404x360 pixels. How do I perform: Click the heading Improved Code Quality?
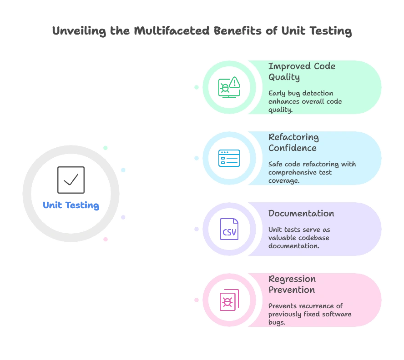tap(302, 71)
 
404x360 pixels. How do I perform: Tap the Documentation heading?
tap(301, 213)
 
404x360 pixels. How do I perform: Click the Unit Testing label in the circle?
tap(71, 205)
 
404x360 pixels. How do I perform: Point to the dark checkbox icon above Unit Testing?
tap(71, 180)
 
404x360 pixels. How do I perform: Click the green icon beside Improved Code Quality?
tap(229, 86)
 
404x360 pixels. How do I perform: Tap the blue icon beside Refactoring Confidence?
tap(229, 157)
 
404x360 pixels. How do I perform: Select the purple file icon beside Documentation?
tap(229, 228)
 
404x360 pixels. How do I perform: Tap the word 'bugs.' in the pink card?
tap(277, 322)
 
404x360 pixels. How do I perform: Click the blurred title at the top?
tap(202, 31)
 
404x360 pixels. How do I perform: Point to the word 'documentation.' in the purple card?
tap(293, 246)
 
